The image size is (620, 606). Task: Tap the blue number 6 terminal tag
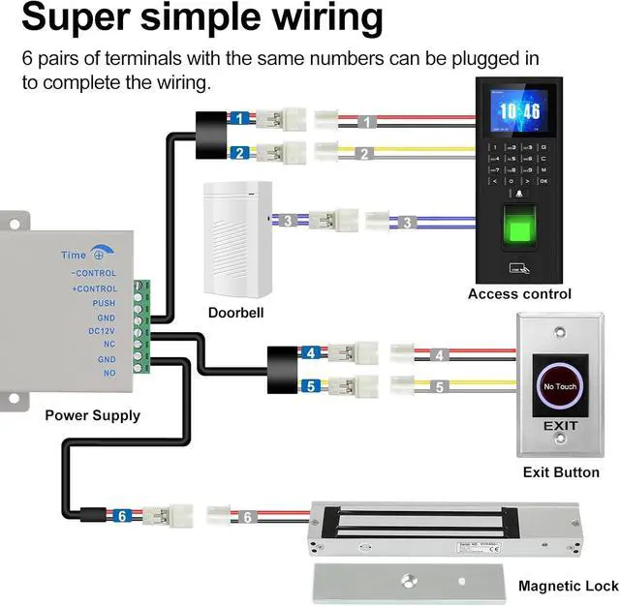pyautogui.click(x=122, y=516)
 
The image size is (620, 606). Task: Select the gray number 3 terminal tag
pyautogui.click(x=408, y=223)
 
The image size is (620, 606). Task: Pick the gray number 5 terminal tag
pyautogui.click(x=439, y=387)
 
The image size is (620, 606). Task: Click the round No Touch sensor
pyautogui.click(x=559, y=385)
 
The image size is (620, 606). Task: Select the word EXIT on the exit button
pyautogui.click(x=560, y=427)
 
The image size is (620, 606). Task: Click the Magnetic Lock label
pyautogui.click(x=568, y=586)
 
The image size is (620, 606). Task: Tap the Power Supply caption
pyautogui.click(x=92, y=415)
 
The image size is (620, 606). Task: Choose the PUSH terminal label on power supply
pyautogui.click(x=104, y=303)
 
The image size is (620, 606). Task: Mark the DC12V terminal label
pyautogui.click(x=102, y=331)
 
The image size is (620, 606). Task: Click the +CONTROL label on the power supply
pyautogui.click(x=95, y=288)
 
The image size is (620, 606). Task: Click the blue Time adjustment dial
pyautogui.click(x=98, y=255)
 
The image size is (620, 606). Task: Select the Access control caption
pyautogui.click(x=519, y=293)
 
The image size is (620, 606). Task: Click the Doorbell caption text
pyautogui.click(x=235, y=313)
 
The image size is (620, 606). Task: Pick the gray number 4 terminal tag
pyautogui.click(x=439, y=356)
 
